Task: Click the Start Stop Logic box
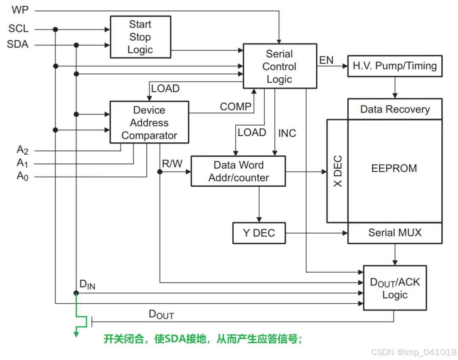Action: [x=140, y=37]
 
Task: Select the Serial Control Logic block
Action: [x=279, y=66]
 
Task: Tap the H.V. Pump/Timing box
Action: [x=394, y=66]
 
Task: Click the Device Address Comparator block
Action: [x=149, y=123]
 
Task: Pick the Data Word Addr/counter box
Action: [x=238, y=171]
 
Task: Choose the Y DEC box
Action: [x=259, y=233]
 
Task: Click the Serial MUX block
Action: [x=394, y=233]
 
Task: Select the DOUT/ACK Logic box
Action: [x=394, y=288]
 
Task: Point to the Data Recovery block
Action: [x=394, y=109]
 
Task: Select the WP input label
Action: [x=20, y=10]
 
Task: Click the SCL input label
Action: [x=18, y=29]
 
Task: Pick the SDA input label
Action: [x=18, y=44]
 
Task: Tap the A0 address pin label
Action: [x=22, y=176]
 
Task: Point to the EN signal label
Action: [x=326, y=60]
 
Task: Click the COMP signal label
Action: [x=236, y=106]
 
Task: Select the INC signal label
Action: [x=287, y=133]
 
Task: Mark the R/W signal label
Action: [x=172, y=164]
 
